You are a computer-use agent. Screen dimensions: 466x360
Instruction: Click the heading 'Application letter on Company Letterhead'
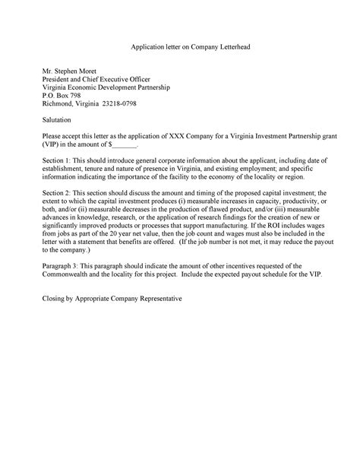click(x=180, y=47)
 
